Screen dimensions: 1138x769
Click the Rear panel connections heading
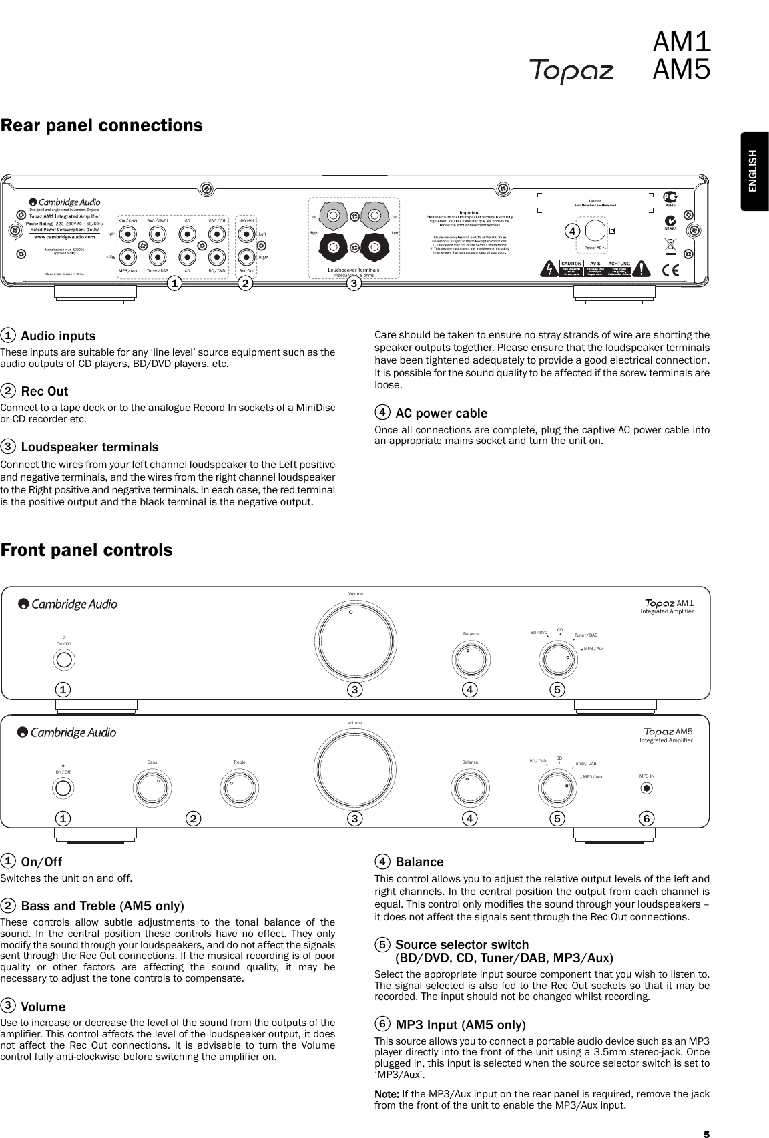tap(101, 125)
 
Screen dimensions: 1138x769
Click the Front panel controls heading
tap(86, 550)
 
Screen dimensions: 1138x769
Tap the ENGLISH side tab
tap(754, 172)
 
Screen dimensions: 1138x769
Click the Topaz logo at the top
tap(571, 71)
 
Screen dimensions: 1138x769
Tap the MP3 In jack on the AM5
tap(646, 788)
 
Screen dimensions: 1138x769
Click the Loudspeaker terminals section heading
tap(89, 447)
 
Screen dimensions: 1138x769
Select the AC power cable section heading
tap(441, 413)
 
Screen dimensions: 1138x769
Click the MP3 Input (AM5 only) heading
tap(461, 1025)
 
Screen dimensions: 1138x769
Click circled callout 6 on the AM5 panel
tap(647, 818)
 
